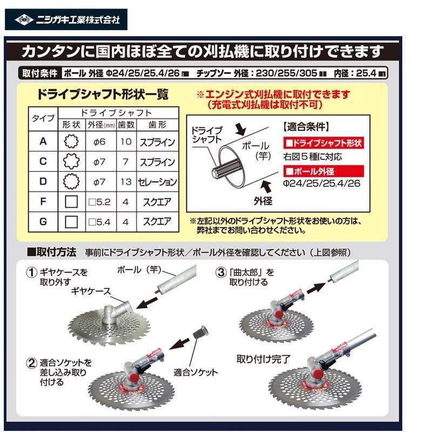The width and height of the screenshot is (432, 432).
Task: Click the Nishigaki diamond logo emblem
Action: [24, 19]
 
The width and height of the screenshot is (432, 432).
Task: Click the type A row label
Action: [43, 141]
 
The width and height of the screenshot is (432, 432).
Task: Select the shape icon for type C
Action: [71, 161]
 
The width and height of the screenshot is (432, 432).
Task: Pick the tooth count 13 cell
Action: [126, 182]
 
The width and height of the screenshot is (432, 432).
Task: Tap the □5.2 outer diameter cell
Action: [99, 202]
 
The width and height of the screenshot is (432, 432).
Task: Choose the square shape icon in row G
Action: [71, 222]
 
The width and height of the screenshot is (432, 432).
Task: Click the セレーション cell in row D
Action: [157, 182]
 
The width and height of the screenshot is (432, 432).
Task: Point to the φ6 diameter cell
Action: [99, 141]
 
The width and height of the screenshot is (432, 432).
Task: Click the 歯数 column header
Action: [126, 125]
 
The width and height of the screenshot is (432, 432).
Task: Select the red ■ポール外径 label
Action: [323, 171]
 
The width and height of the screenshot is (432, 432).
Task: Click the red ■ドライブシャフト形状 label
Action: [323, 143]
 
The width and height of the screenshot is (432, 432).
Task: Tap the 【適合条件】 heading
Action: [306, 127]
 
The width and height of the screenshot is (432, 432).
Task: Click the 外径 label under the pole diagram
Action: [263, 201]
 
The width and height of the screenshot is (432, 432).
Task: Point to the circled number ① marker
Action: [31, 273]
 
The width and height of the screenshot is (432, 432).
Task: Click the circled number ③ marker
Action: [221, 273]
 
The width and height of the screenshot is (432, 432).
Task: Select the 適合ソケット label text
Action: [195, 373]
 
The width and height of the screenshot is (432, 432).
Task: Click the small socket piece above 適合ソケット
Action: [200, 333]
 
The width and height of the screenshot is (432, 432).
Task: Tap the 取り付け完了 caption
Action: [264, 359]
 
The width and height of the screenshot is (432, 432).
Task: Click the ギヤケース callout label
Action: [91, 291]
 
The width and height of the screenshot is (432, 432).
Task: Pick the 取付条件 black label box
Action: [40, 73]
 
